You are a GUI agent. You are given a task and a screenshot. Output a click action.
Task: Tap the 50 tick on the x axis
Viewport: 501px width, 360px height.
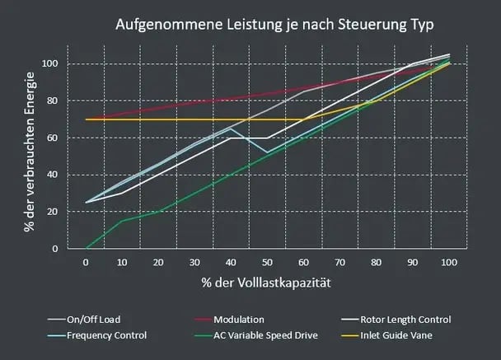click(x=267, y=262)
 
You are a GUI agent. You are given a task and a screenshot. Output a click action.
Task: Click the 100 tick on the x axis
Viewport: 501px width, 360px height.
click(x=449, y=262)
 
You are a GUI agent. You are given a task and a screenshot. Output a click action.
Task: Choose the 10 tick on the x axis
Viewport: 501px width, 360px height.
click(x=122, y=262)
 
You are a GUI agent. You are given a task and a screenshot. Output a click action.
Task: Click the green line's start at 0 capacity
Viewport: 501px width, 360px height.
click(x=86, y=248)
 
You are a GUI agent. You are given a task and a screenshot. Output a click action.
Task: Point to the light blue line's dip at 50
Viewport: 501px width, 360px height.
click(x=267, y=152)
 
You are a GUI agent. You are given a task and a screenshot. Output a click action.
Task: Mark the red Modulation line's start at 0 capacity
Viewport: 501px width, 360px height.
click(x=86, y=119)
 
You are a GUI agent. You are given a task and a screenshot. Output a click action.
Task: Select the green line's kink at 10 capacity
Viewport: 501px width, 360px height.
click(x=122, y=221)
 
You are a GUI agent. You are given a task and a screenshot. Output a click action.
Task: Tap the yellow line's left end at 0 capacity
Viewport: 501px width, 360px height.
click(x=86, y=119)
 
